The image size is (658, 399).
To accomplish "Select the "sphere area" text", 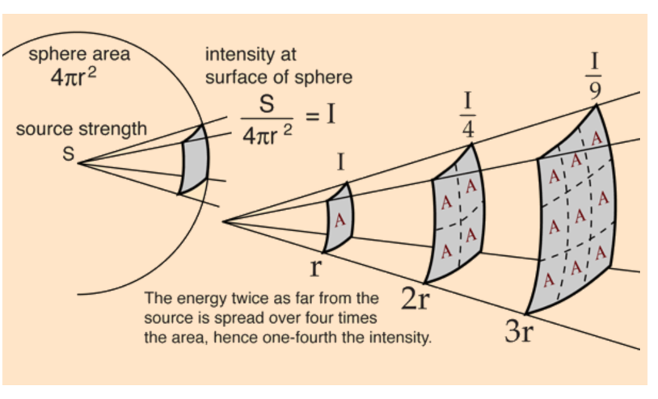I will pos(79,55).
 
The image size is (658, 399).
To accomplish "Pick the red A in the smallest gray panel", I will pos(340,218).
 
